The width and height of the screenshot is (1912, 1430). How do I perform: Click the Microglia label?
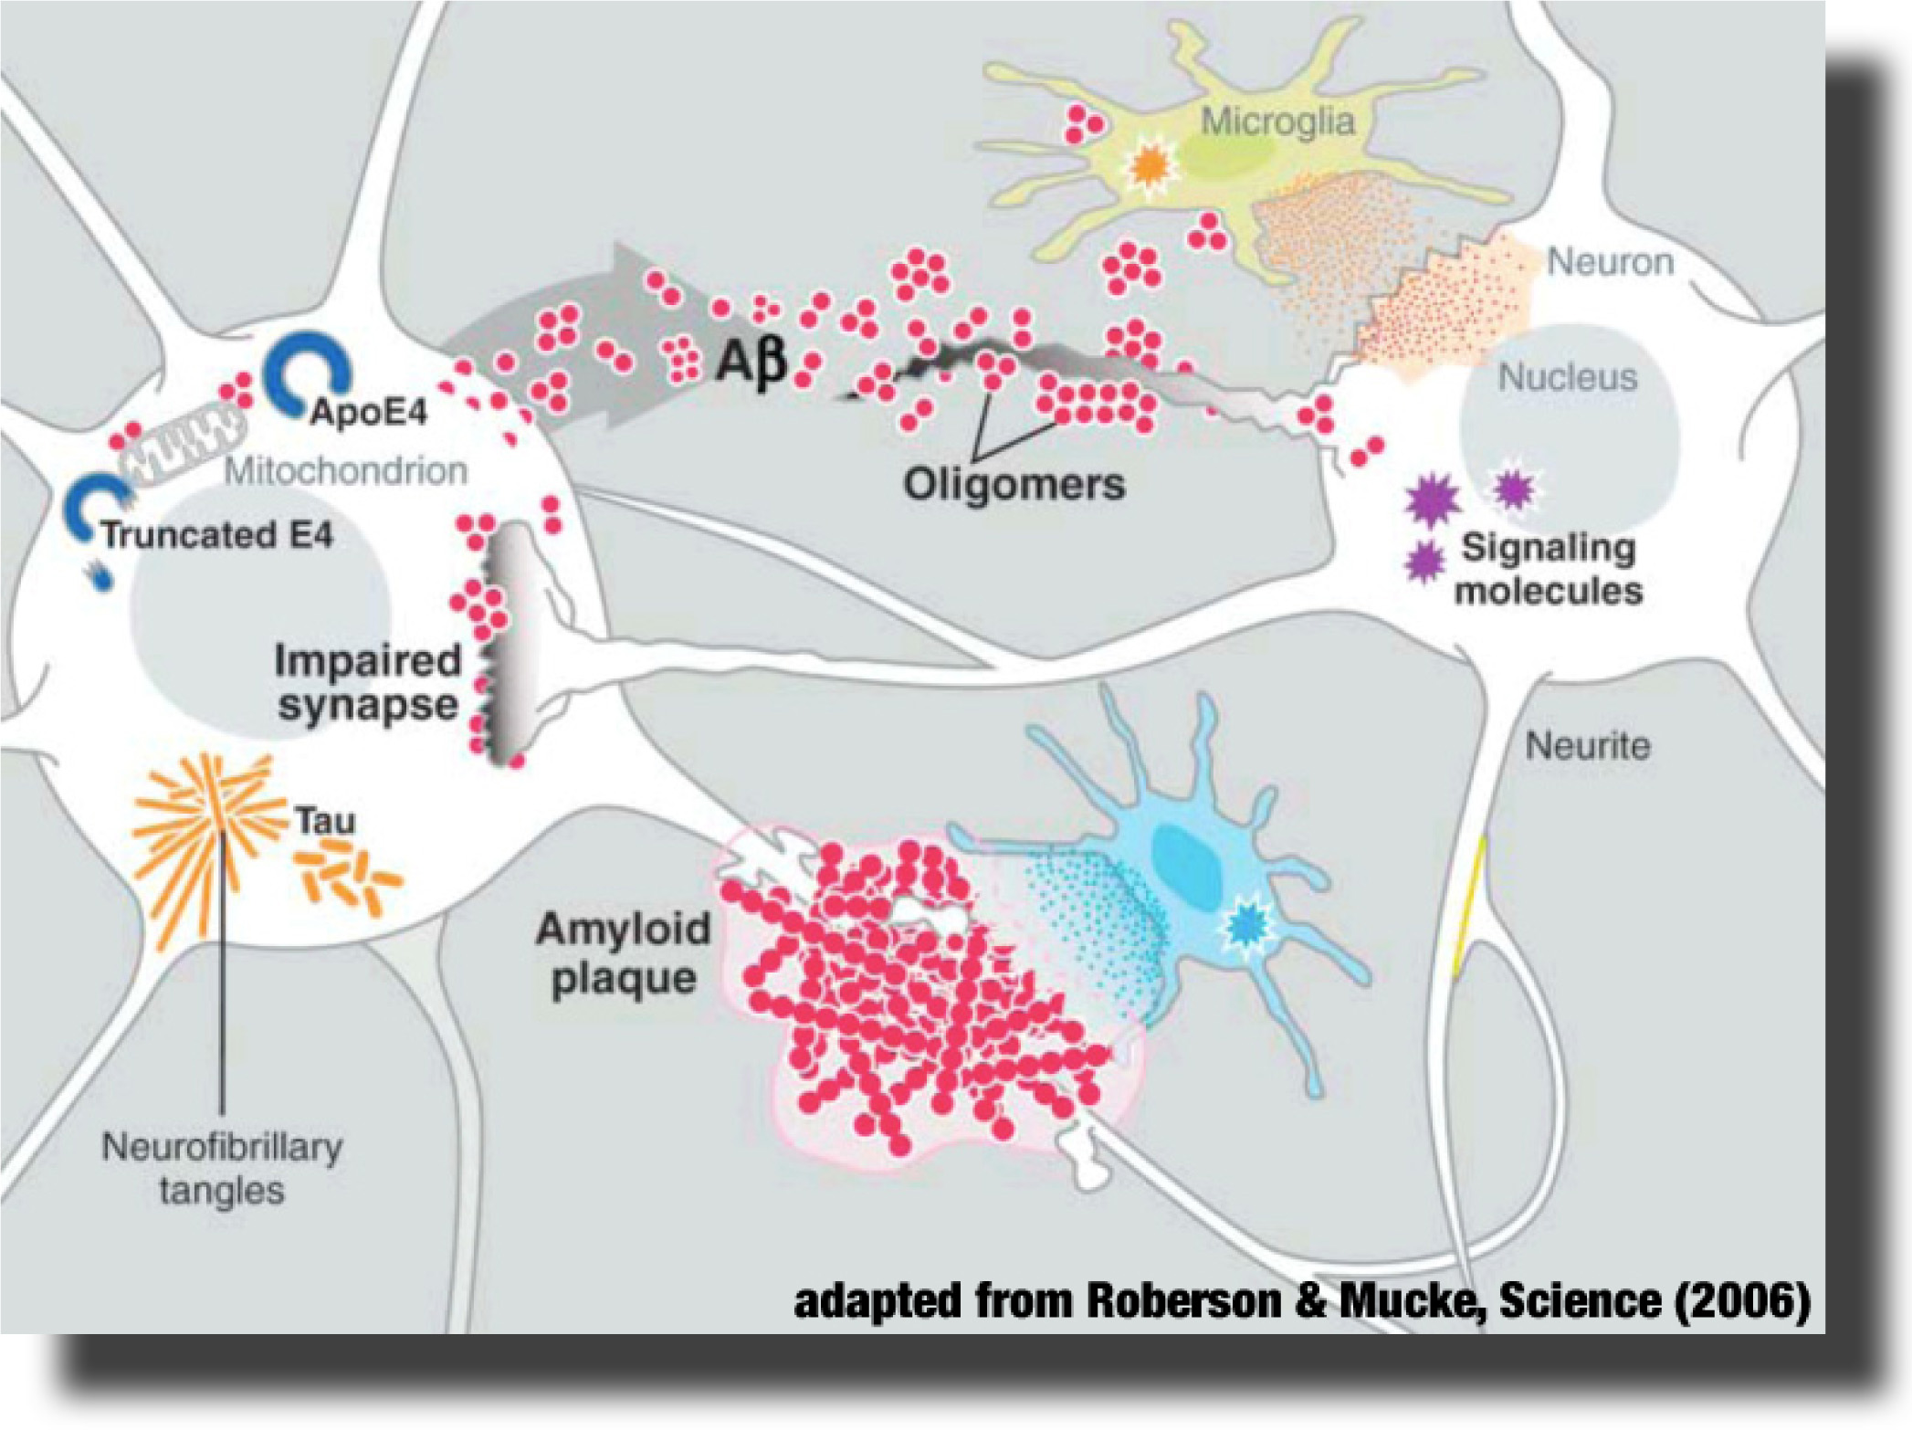[x=1276, y=121]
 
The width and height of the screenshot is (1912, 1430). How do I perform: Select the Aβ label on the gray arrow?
[x=751, y=363]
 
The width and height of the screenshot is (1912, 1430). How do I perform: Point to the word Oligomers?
[x=1014, y=484]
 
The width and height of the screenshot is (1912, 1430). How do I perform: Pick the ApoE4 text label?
[x=369, y=414]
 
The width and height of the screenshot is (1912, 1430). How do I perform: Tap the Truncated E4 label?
[x=217, y=535]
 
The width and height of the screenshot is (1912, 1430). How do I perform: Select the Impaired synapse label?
[x=368, y=683]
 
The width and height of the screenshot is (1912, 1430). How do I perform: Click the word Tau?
[x=324, y=821]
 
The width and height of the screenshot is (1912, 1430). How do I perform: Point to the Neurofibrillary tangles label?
[x=222, y=1168]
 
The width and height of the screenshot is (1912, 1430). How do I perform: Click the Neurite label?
[x=1587, y=746]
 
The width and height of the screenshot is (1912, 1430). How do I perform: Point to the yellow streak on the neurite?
[x=1470, y=904]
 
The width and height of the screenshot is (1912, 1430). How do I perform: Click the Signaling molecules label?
[x=1549, y=570]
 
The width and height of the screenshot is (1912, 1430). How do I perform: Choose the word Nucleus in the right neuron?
[x=1568, y=377]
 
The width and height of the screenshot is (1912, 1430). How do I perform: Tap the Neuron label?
[x=1610, y=262]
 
